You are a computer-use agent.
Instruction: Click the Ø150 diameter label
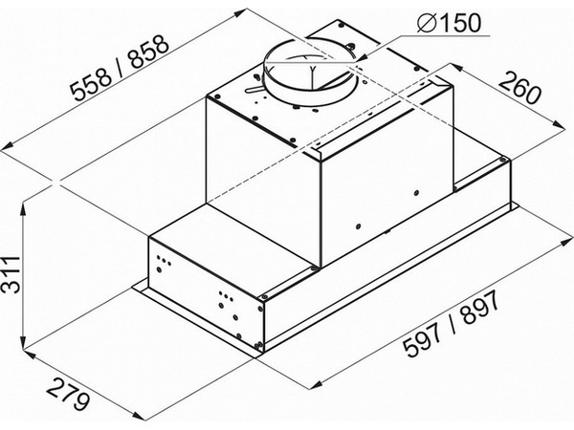(x=448, y=23)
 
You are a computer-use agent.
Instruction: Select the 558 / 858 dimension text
(x=120, y=68)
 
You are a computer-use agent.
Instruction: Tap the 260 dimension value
(x=519, y=89)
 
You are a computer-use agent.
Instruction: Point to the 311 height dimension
(x=11, y=274)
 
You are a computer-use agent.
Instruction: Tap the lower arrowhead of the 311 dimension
(x=23, y=344)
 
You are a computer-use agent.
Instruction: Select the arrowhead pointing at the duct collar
(x=362, y=58)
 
